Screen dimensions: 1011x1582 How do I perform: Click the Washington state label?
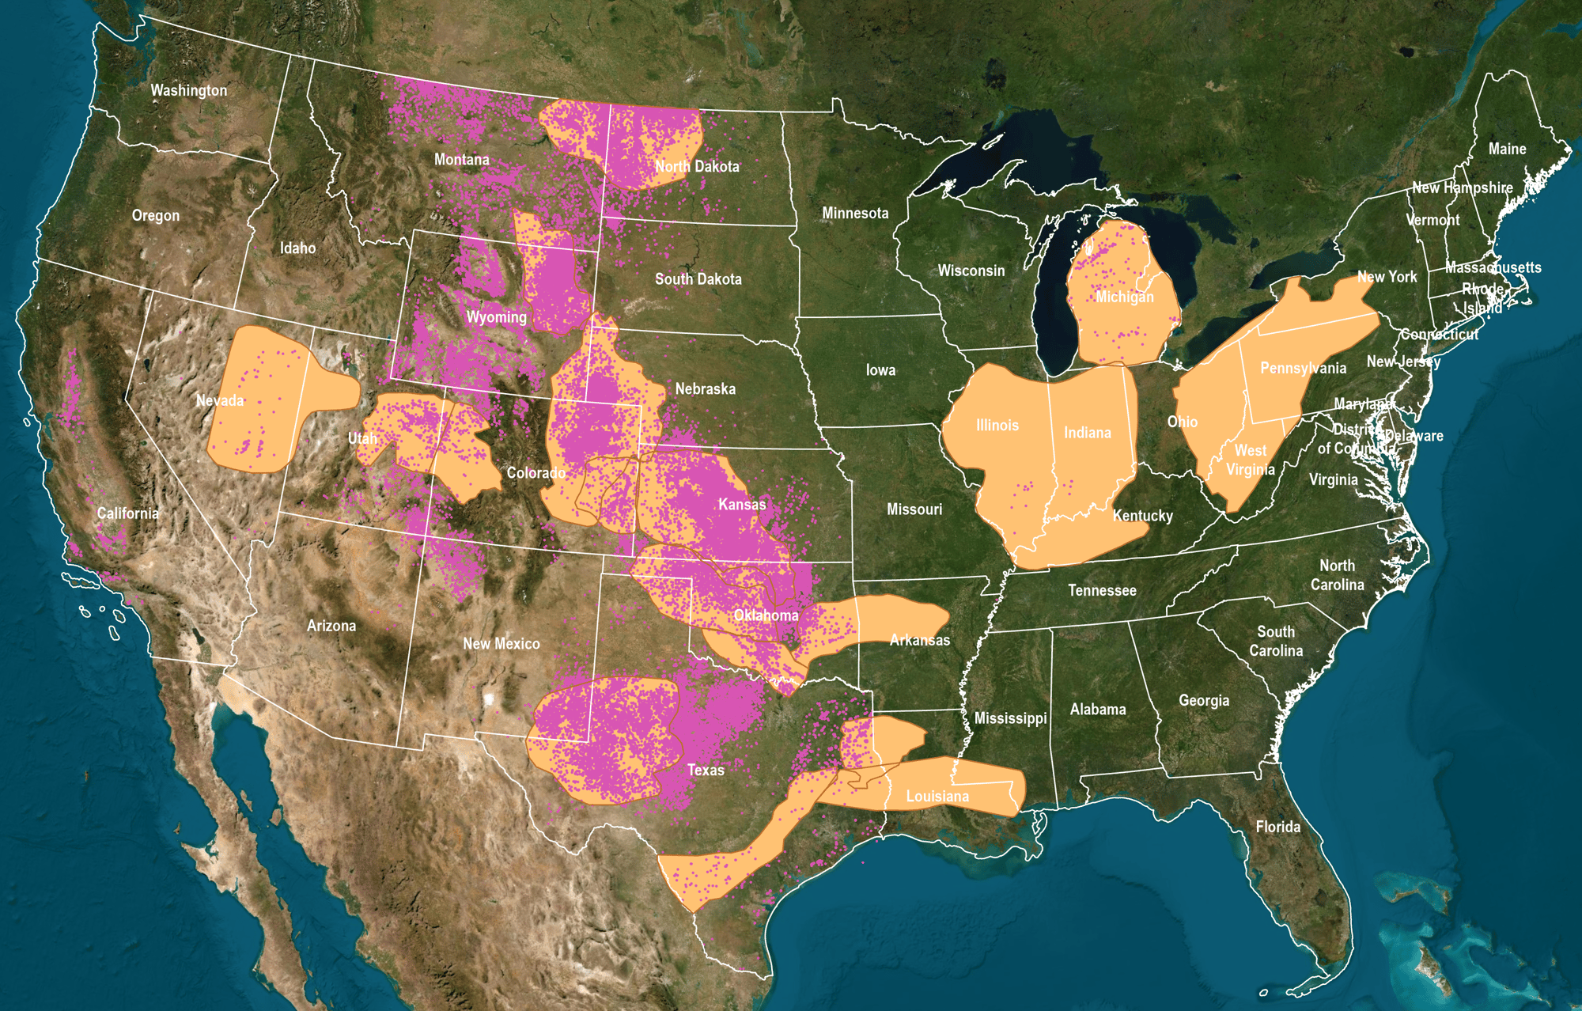click(189, 90)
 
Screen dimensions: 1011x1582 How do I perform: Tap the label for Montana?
click(461, 160)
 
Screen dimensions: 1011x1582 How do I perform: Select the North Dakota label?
click(697, 166)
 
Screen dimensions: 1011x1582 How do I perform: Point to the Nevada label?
click(220, 400)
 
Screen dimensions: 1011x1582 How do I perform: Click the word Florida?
click(1277, 827)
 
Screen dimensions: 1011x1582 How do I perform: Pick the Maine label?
click(1507, 149)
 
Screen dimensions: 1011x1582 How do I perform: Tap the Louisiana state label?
click(937, 796)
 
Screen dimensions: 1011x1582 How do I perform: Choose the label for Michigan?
click(1124, 297)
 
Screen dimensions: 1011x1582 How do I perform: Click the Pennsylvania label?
click(1303, 368)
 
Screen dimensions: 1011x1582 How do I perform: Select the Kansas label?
click(741, 504)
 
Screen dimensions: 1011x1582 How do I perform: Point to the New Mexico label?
click(501, 644)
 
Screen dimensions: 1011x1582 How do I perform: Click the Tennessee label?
click(1102, 590)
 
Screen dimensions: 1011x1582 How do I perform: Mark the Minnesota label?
click(855, 213)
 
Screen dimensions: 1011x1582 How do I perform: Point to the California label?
click(127, 513)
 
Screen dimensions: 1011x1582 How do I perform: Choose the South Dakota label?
click(698, 278)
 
